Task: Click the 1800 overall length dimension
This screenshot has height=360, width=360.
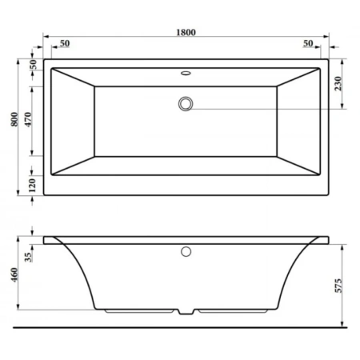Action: tap(185, 32)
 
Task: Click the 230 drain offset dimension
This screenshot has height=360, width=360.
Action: tap(343, 83)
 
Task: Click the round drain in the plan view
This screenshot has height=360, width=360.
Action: tap(186, 103)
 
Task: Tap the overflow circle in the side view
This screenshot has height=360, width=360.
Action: tap(186, 252)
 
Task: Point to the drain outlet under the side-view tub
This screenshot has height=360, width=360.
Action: tap(186, 312)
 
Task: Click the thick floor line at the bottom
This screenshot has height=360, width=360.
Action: tap(180, 327)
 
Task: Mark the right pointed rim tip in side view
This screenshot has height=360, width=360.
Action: tap(329, 237)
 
